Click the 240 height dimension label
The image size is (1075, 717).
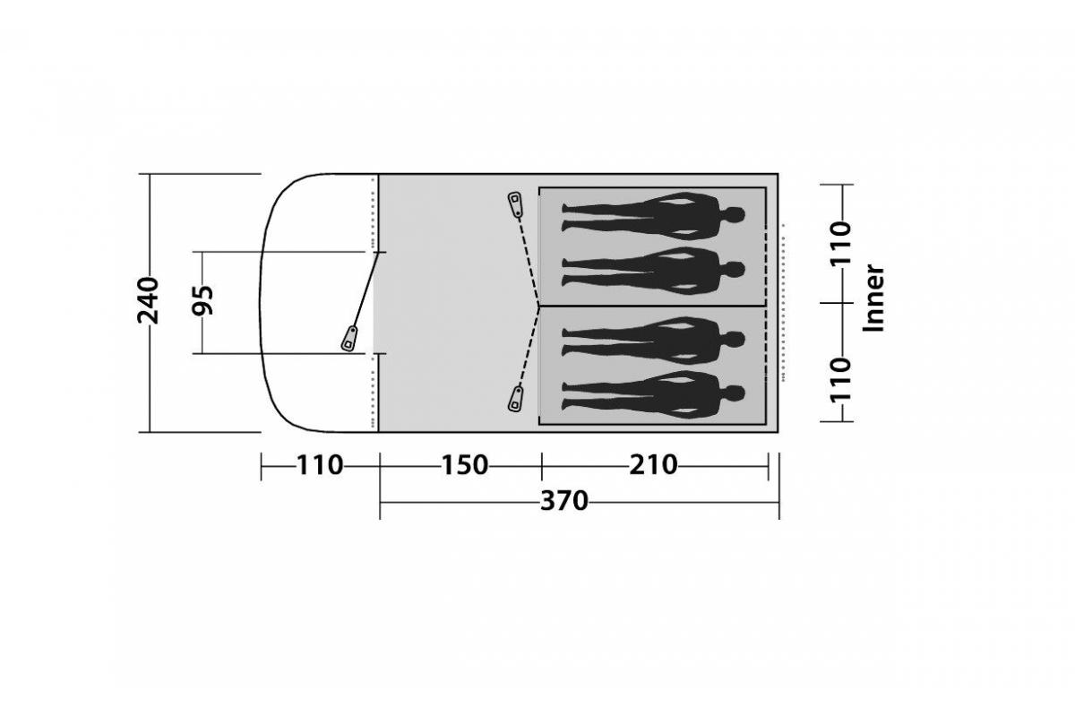click(x=148, y=300)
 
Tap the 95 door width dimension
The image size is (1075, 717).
click(x=202, y=300)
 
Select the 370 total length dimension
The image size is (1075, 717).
click(x=563, y=501)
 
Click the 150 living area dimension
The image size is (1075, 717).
click(x=465, y=465)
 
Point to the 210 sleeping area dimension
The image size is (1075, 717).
click(x=653, y=465)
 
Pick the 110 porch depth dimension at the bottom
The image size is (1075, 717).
click(x=320, y=465)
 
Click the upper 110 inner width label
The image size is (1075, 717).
click(x=841, y=243)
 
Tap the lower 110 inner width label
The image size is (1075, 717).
click(x=841, y=380)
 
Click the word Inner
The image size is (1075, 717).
click(x=873, y=298)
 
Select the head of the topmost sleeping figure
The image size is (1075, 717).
click(x=735, y=215)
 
